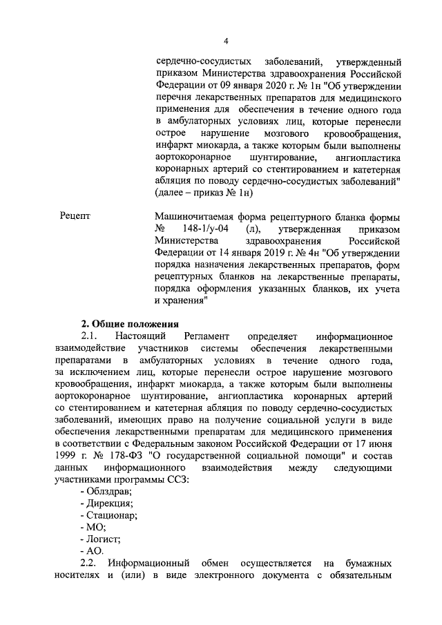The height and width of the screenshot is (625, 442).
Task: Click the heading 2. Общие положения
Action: [130, 323]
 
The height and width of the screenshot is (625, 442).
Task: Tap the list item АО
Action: [94, 550]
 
